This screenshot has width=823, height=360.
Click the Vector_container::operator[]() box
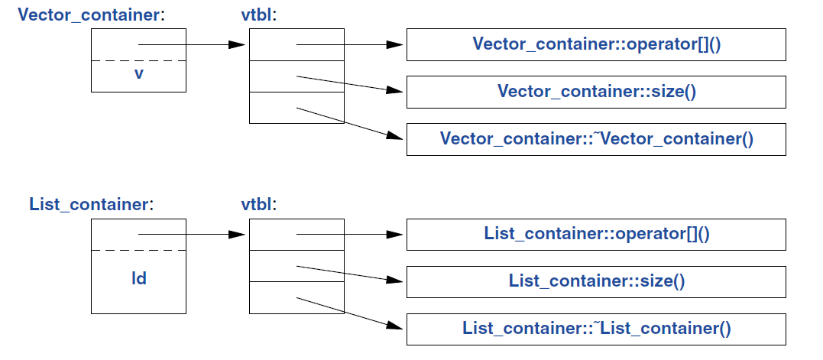coord(596,44)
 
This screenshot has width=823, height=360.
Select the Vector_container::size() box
coord(596,92)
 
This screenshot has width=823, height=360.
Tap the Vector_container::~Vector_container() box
coord(596,139)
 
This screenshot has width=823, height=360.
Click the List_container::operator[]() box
coord(596,234)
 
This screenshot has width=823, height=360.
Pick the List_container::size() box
coord(596,281)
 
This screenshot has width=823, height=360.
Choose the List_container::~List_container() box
coord(596,329)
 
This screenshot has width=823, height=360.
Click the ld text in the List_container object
coord(138,279)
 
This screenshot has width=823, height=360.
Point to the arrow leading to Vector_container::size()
coord(348,83)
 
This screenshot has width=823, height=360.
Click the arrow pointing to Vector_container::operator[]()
coord(348,44)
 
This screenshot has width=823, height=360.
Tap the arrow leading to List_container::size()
coord(348,273)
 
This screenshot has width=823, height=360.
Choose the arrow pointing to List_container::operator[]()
coord(348,234)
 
